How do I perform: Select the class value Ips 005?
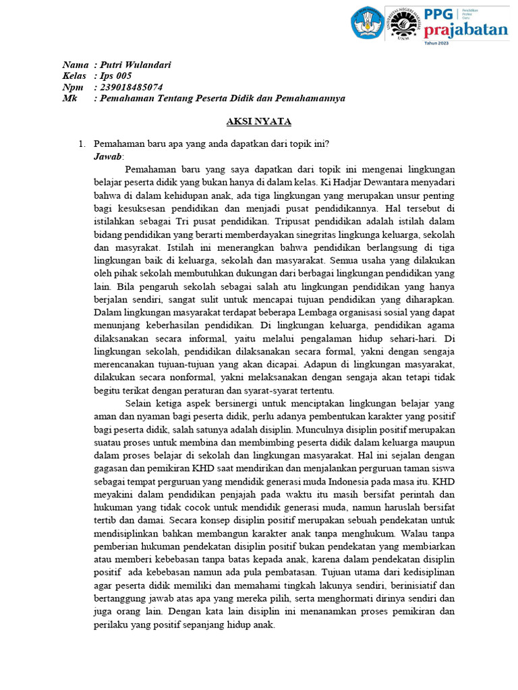coord(115,76)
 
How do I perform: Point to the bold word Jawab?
coord(109,156)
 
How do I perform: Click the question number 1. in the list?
coord(82,144)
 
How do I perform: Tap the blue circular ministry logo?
coord(366,23)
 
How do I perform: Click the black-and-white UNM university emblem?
coord(403,23)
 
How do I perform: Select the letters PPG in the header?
coord(441,14)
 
